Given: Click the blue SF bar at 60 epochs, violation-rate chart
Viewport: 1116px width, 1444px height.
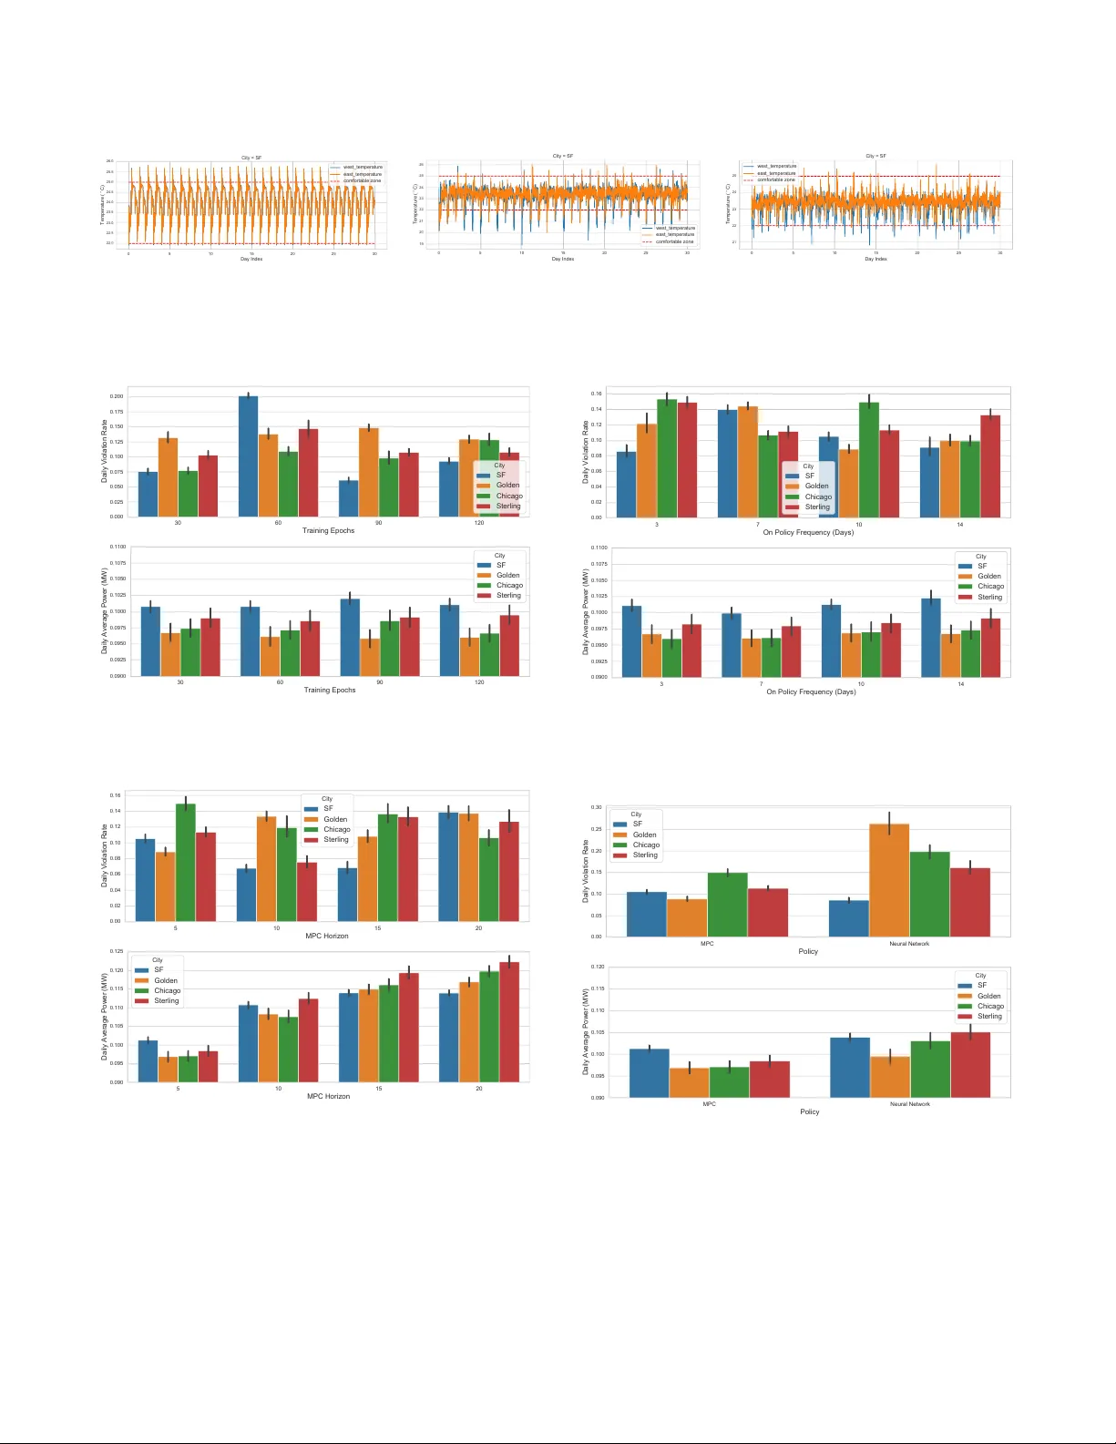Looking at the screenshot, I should (x=249, y=456).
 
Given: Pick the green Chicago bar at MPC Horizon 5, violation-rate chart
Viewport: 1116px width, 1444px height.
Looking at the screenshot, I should (x=186, y=862).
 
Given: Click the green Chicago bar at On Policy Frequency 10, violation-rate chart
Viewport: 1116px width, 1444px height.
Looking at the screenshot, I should (x=869, y=460).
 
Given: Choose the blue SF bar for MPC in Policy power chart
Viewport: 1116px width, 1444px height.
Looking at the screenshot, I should (x=649, y=1073).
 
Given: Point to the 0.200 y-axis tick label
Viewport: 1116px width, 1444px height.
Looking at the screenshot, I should (x=117, y=396).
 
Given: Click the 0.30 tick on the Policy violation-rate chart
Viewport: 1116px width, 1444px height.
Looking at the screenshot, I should (x=596, y=807).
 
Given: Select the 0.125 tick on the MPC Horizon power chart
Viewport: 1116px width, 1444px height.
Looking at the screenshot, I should (x=117, y=951).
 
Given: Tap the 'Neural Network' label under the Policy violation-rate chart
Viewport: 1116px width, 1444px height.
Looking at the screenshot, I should (x=909, y=944).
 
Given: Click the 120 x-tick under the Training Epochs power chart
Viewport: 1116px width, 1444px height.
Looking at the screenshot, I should (x=479, y=682).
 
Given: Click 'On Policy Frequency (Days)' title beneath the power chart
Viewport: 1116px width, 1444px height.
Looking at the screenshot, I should (x=811, y=691).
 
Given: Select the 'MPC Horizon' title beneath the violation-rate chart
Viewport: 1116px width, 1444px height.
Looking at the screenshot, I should (x=327, y=936).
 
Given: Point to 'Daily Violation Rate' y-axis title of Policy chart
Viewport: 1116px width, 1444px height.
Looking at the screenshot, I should (x=586, y=872).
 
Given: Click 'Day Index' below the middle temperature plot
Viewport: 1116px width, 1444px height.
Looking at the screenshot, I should (x=563, y=259).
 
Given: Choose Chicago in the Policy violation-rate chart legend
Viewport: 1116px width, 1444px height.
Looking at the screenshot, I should (x=646, y=845).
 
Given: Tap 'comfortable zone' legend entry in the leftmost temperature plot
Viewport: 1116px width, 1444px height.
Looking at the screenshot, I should (x=362, y=180).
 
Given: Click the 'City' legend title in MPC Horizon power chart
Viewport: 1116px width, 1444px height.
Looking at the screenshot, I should (x=158, y=959).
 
